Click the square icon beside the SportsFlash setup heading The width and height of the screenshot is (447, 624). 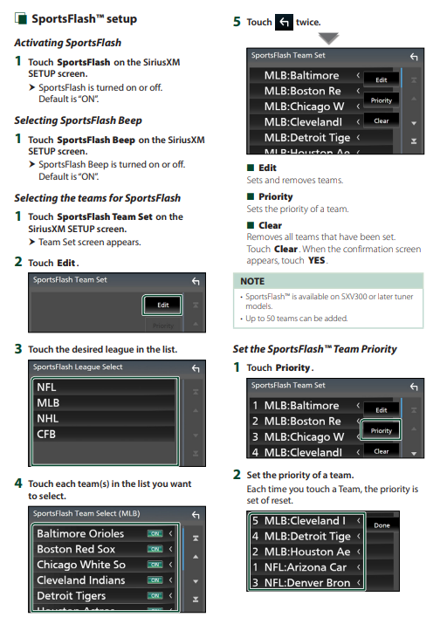click(21, 18)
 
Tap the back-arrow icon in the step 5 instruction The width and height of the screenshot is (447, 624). click(284, 22)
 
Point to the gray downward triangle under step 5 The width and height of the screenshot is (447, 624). click(328, 38)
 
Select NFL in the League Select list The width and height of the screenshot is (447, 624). click(104, 387)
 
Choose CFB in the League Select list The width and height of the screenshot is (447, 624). click(104, 434)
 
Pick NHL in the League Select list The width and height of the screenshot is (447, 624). click(104, 419)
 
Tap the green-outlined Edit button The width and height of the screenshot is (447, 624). click(162, 305)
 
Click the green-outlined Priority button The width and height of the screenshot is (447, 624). click(381, 430)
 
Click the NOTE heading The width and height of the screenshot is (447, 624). click(252, 281)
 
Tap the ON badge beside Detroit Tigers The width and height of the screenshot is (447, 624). click(155, 596)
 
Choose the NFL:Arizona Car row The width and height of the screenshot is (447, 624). click(307, 567)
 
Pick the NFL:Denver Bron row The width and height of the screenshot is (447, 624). click(307, 583)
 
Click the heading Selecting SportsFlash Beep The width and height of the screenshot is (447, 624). click(78, 120)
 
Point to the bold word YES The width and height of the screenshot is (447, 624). click(316, 261)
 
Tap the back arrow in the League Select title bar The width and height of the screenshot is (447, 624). click(196, 368)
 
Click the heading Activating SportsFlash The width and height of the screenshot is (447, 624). click(68, 43)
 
